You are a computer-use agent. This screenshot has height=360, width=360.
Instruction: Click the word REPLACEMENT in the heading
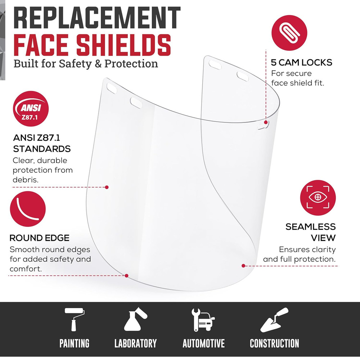97,19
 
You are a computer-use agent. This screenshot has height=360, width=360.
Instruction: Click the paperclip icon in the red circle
289,32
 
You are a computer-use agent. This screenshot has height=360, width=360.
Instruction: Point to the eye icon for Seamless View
318,198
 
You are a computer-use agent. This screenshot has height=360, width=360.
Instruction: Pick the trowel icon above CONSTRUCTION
274,319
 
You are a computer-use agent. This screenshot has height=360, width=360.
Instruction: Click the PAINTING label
75,343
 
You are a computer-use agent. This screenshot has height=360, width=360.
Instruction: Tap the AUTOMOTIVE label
203,343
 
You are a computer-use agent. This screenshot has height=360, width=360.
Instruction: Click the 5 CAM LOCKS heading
301,63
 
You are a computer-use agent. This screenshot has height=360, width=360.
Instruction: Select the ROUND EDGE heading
40,238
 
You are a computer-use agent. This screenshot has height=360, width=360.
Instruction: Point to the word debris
25,179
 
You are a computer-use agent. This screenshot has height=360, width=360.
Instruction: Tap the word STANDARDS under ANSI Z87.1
42,149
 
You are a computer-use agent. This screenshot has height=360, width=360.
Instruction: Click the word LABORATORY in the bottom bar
135,343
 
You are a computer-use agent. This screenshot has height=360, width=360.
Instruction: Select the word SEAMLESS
310,227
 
